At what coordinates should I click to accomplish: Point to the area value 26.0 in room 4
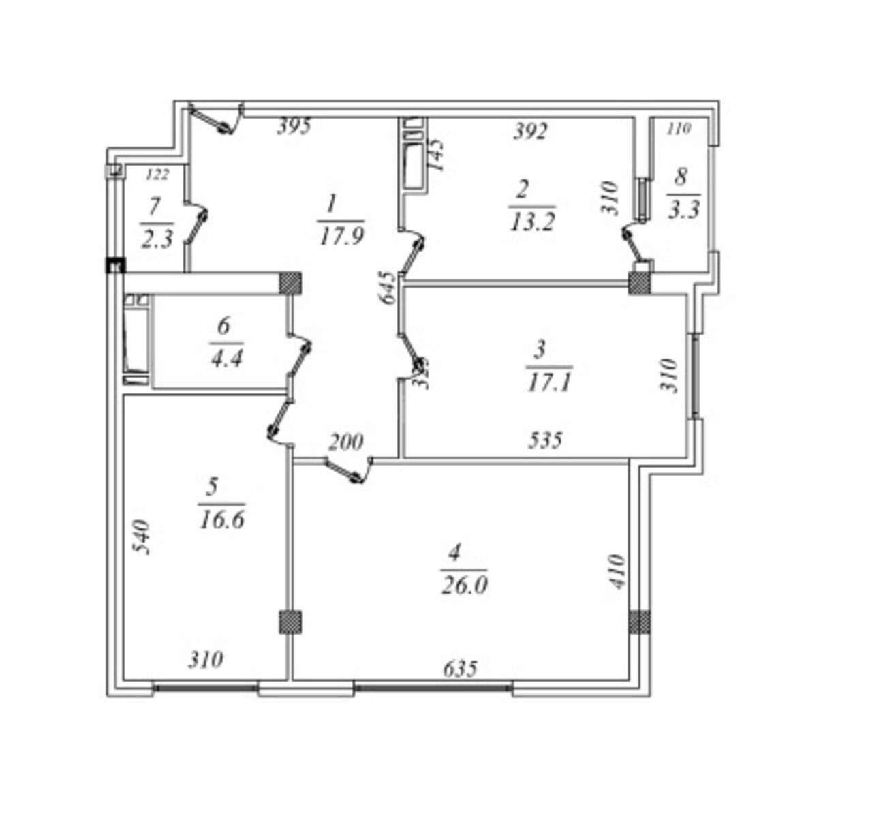tap(463, 586)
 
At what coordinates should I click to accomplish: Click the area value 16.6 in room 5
tap(222, 520)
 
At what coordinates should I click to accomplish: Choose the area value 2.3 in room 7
tap(157, 240)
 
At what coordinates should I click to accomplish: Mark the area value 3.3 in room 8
tap(684, 209)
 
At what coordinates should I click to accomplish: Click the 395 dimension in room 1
tap(294, 126)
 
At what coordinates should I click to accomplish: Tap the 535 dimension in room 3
tap(546, 440)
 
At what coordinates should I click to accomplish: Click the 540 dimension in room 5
tap(140, 539)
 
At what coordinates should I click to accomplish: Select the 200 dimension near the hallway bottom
tap(346, 443)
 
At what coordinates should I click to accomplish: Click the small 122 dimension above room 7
tap(157, 175)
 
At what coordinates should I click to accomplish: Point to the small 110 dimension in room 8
tap(678, 128)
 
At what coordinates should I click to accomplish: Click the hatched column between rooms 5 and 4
tap(290, 622)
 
